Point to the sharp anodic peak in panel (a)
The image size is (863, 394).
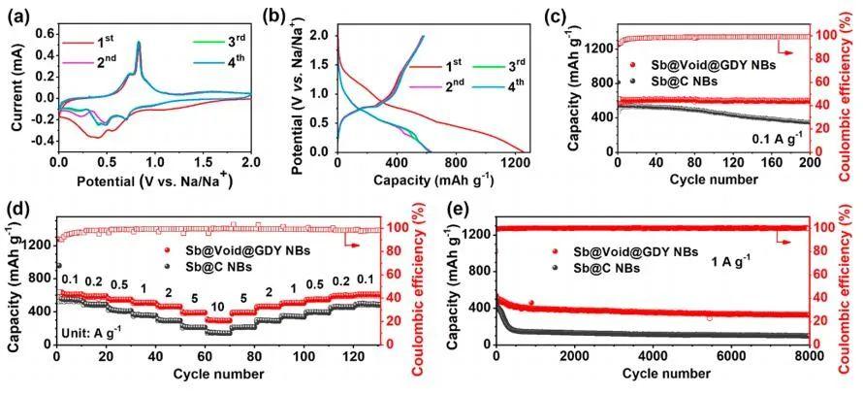tap(139, 43)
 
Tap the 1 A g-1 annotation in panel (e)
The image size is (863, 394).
tap(719, 259)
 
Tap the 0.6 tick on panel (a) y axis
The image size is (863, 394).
tap(44, 32)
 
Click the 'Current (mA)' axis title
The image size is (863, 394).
tap(13, 88)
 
